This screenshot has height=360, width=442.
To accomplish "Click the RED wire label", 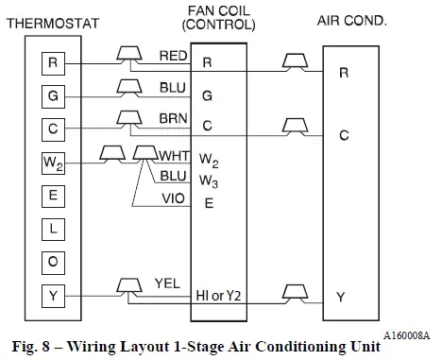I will pos(172,57).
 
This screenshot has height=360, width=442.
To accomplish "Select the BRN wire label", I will pos(173,118).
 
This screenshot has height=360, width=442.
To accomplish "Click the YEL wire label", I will pos(166,282).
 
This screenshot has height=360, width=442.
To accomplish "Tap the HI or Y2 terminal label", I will pos(220,296).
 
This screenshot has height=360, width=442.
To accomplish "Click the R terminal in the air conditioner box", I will pos(343,72).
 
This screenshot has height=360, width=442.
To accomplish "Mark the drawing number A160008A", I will pos(407,336).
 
